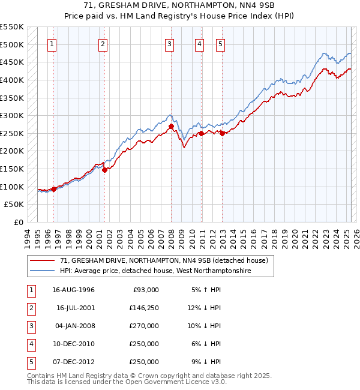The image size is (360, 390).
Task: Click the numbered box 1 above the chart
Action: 53,44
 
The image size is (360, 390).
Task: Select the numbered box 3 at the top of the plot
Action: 170,44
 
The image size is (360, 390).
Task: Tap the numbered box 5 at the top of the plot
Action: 221,44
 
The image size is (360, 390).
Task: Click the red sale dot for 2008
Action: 171,127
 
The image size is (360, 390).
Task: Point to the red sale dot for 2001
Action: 104,170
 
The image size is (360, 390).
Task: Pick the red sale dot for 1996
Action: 53,189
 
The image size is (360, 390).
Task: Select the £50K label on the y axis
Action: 14,205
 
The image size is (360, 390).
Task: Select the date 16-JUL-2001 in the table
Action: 76,308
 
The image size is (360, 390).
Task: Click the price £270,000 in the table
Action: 144,326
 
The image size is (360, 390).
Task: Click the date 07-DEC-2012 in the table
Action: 76,362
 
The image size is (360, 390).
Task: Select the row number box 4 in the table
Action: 30,344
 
